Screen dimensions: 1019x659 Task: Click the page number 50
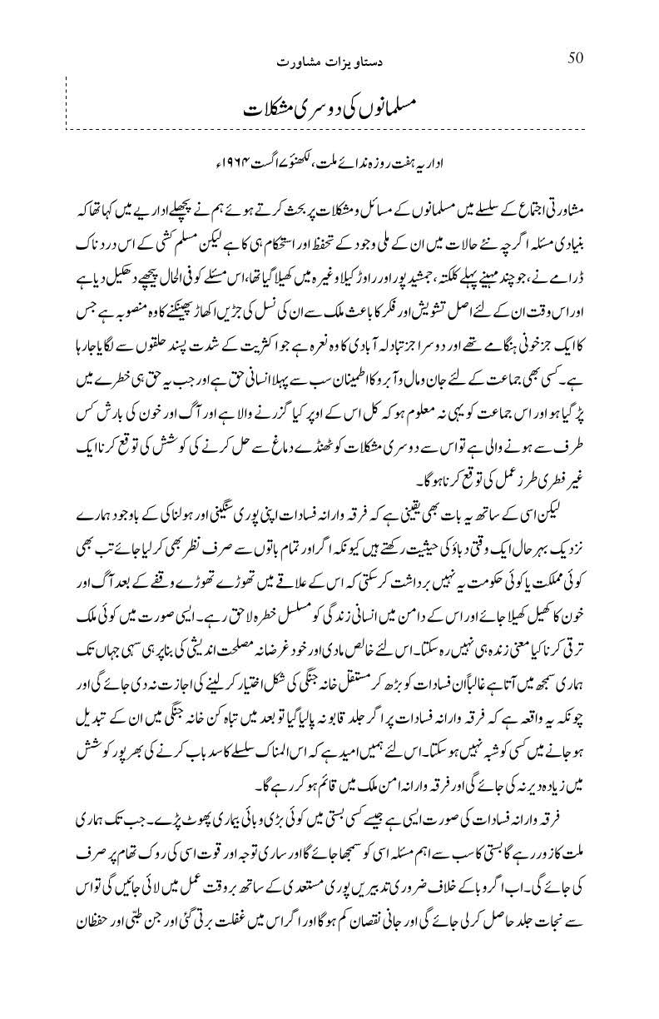576,57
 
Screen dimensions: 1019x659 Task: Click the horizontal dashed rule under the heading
333,131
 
